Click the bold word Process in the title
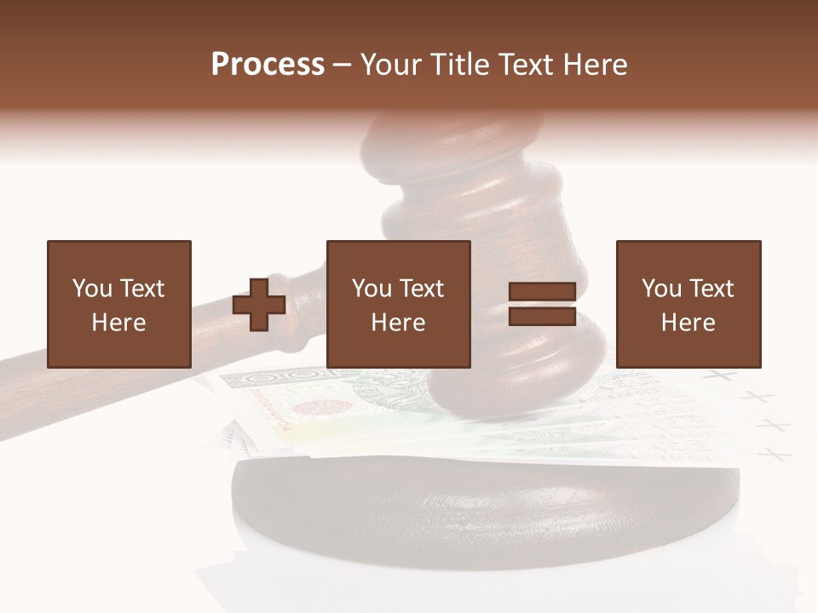(268, 65)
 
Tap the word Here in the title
(595, 65)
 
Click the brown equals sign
(543, 305)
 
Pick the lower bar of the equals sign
(543, 317)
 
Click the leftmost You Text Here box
(118, 304)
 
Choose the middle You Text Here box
(398, 304)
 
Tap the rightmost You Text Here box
(688, 304)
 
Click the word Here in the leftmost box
(118, 323)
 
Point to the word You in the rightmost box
(661, 289)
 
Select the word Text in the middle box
(423, 289)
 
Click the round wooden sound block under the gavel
(477, 511)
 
